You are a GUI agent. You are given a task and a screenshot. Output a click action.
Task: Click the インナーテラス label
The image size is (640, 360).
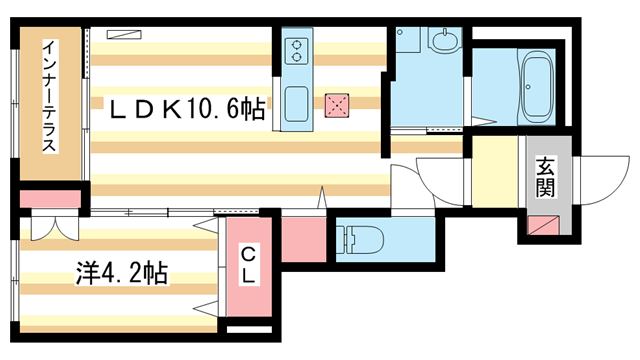[x=48, y=96]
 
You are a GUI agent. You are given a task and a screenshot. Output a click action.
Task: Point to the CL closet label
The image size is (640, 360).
[x=247, y=266]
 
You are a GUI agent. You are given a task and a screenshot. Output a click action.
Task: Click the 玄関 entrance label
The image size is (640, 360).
[x=545, y=176]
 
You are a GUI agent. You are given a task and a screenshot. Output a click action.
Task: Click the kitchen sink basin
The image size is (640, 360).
[x=297, y=103]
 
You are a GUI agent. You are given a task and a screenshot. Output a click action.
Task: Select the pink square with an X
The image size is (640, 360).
[x=337, y=103]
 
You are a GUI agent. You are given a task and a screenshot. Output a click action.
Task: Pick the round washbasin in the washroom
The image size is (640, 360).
[x=444, y=41]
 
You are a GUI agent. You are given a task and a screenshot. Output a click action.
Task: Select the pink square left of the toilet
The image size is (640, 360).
[x=302, y=240]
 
